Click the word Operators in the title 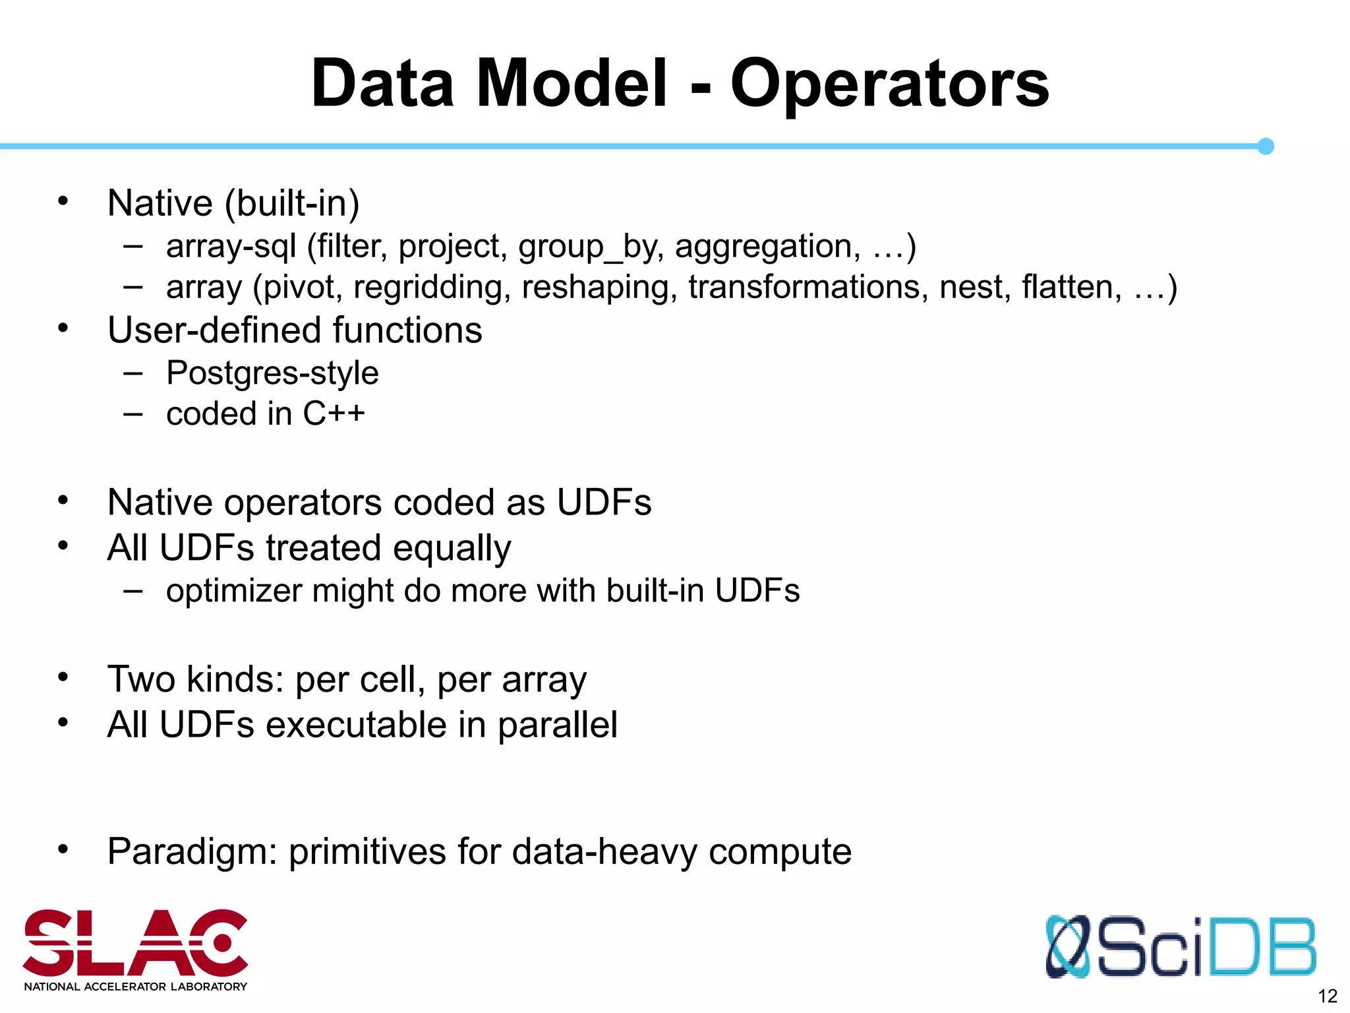(x=889, y=84)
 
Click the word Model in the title (x=572, y=84)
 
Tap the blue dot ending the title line (x=1265, y=146)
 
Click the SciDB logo (x=1180, y=947)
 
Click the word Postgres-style (x=272, y=373)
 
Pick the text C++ (x=334, y=414)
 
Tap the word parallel (x=557, y=725)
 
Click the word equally (x=452, y=549)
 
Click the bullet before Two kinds (x=63, y=677)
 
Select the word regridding (x=432, y=288)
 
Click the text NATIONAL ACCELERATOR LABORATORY (x=135, y=987)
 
